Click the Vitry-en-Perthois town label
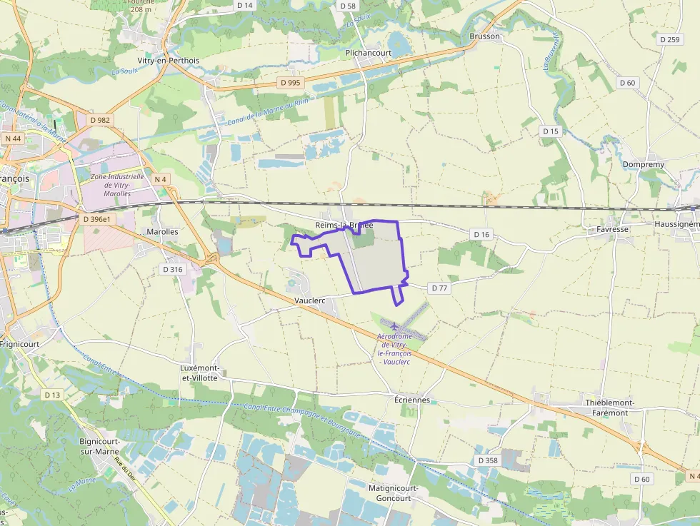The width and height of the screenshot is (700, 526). pyautogui.click(x=169, y=61)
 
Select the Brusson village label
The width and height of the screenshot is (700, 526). pyautogui.click(x=485, y=36)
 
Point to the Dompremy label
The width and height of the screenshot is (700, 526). pyautogui.click(x=643, y=164)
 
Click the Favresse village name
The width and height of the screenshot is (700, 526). pyautogui.click(x=612, y=229)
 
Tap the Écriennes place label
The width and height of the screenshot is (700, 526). pyautogui.click(x=412, y=400)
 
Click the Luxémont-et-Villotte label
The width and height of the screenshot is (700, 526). pyautogui.click(x=199, y=373)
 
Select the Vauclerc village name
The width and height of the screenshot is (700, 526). pyautogui.click(x=310, y=300)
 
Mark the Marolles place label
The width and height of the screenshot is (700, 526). pyautogui.click(x=162, y=232)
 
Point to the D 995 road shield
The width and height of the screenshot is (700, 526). pyautogui.click(x=291, y=83)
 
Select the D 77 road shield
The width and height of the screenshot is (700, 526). pyautogui.click(x=439, y=288)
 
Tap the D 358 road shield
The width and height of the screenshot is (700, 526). pyautogui.click(x=487, y=460)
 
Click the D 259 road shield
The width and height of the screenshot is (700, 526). pyautogui.click(x=670, y=39)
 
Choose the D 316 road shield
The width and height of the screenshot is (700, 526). pyautogui.click(x=173, y=269)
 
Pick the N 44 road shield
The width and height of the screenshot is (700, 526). pyautogui.click(x=12, y=138)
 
